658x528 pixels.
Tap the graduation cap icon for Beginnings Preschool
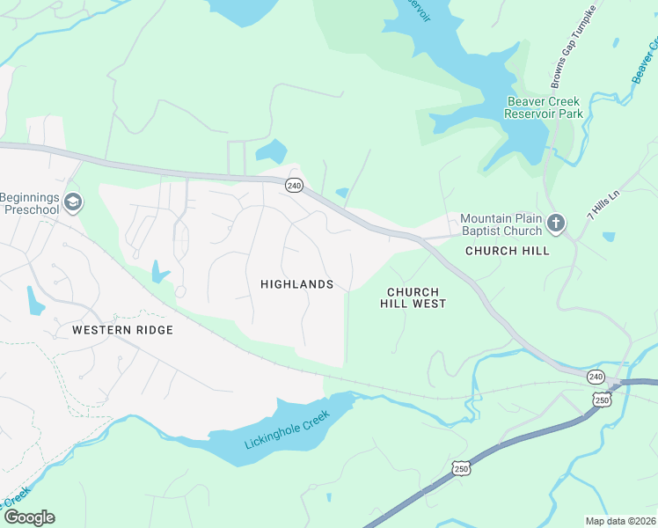74,203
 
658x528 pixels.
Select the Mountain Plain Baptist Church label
501,224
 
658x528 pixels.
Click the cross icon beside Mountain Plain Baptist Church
555,224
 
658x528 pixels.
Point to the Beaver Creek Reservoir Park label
545,107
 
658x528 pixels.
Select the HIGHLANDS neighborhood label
296,284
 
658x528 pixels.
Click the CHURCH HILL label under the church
507,251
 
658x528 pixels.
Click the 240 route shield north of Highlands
294,185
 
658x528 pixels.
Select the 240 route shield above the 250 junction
596,377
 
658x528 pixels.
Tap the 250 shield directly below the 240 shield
603,400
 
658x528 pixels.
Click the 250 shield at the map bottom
461,469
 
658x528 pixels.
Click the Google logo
28,517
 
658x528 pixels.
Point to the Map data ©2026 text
619,521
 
